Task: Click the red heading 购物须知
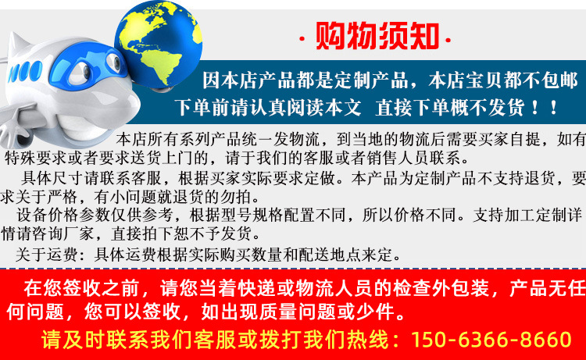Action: tap(377, 36)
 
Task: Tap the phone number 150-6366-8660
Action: tap(491, 340)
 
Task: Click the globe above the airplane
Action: tap(159, 44)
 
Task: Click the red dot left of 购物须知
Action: tap(302, 39)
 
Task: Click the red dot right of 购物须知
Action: tap(448, 39)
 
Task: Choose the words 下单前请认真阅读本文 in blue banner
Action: tap(268, 108)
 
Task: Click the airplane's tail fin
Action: tap(17, 45)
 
